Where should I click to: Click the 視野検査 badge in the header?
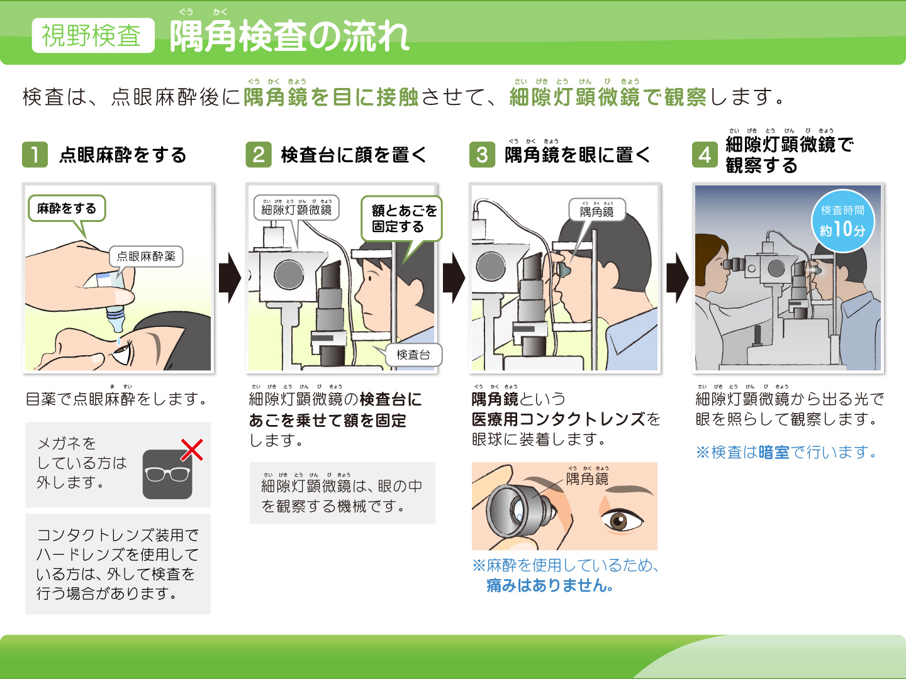[93, 35]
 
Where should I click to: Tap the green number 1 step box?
[35, 155]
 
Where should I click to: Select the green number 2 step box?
[259, 155]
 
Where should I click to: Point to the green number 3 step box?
[482, 155]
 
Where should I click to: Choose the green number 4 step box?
[705, 155]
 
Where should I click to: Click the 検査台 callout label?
[413, 355]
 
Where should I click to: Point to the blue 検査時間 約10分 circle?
[842, 221]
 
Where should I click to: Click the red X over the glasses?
[192, 450]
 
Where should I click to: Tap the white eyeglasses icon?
[167, 475]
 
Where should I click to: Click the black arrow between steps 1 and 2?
[230, 279]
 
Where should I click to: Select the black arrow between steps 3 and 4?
[678, 279]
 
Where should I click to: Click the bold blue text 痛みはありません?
[550, 585]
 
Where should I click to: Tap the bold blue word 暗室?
[774, 452]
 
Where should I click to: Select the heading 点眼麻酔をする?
[123, 155]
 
